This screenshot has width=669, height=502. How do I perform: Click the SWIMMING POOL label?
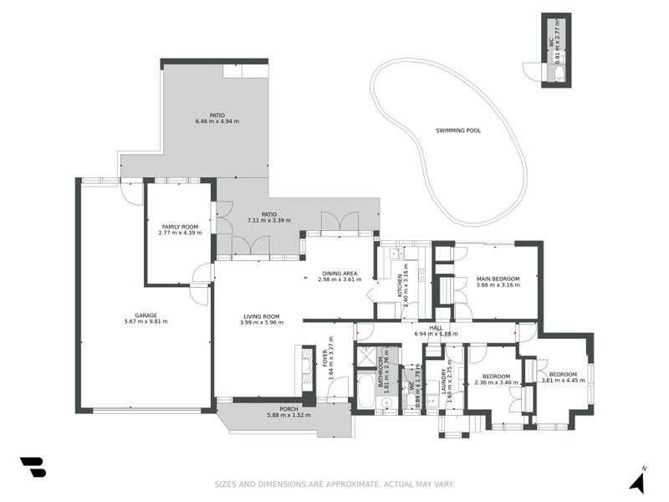point(458,131)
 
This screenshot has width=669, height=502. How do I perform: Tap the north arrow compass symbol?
point(637,481)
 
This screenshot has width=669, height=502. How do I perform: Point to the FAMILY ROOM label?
point(180,227)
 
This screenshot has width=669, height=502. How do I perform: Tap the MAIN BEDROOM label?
point(498,279)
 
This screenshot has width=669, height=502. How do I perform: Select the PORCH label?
point(289,409)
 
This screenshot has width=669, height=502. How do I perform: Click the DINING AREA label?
point(340,273)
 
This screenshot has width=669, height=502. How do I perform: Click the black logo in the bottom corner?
point(33,468)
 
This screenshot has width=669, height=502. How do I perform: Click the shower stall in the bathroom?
point(366,355)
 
